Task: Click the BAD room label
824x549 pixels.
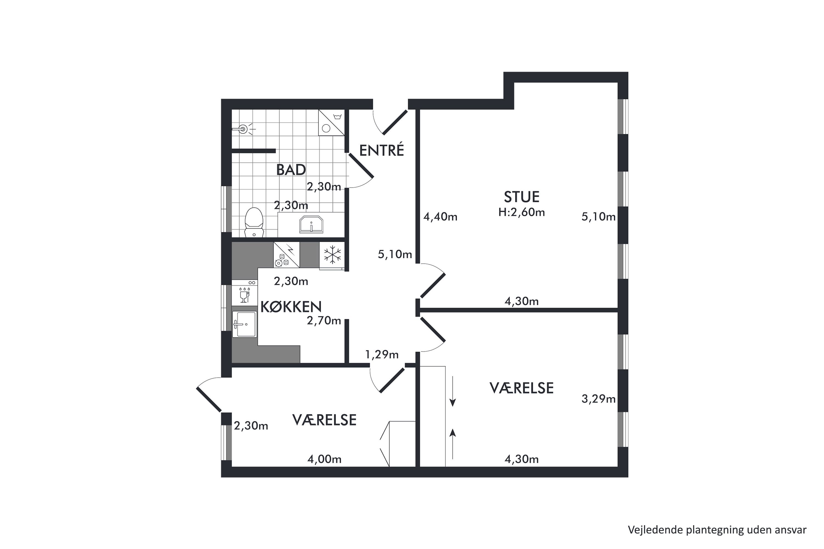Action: click(x=291, y=170)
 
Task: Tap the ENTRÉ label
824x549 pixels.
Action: click(x=382, y=150)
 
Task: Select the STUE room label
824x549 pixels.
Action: click(x=521, y=197)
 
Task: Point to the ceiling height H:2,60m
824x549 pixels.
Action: click(x=521, y=212)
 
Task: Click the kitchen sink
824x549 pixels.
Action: click(x=244, y=324)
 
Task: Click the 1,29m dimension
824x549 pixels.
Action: click(x=382, y=355)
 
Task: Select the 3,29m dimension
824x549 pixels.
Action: click(x=598, y=399)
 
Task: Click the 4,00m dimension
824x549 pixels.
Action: click(x=324, y=459)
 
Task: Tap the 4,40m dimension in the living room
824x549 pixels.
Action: click(x=440, y=217)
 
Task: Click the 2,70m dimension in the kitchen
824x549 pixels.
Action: click(x=324, y=320)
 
